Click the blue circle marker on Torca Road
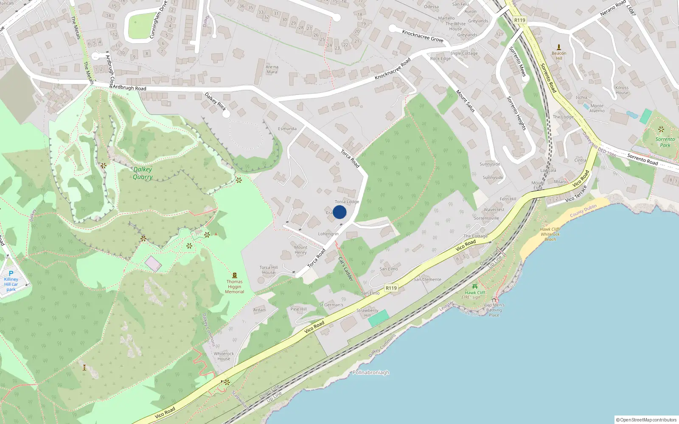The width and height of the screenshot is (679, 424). click(339, 212)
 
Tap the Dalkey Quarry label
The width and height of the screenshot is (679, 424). click(143, 173)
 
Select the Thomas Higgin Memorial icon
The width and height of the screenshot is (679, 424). click(235, 275)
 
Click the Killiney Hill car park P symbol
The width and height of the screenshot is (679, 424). click(11, 273)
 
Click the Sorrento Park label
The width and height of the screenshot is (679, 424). click(665, 142)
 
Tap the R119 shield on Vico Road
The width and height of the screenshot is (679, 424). click(391, 288)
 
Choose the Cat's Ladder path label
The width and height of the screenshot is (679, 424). click(346, 269)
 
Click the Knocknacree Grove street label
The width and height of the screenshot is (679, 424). click(423, 36)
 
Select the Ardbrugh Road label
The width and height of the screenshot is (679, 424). click(129, 88)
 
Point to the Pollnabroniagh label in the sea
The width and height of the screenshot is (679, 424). click(371, 373)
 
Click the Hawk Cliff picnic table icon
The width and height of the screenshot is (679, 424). click(475, 287)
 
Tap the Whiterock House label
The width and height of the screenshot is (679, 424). click(224, 356)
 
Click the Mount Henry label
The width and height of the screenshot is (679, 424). click(300, 250)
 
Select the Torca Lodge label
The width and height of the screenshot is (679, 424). click(347, 202)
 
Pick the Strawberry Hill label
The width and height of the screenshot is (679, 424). click(367, 313)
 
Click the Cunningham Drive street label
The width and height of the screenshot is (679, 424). click(158, 20)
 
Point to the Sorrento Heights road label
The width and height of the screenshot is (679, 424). click(516, 114)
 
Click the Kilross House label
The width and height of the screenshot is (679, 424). click(622, 90)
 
